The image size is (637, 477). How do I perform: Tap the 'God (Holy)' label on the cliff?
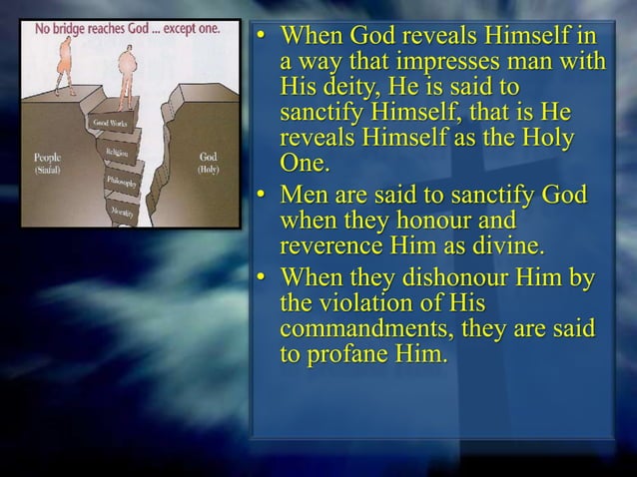pos(209,163)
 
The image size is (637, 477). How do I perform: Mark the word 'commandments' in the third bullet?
pos(381,329)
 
